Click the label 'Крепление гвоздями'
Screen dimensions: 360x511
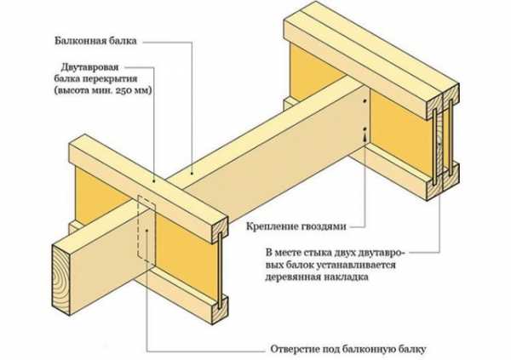pos(296,227)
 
